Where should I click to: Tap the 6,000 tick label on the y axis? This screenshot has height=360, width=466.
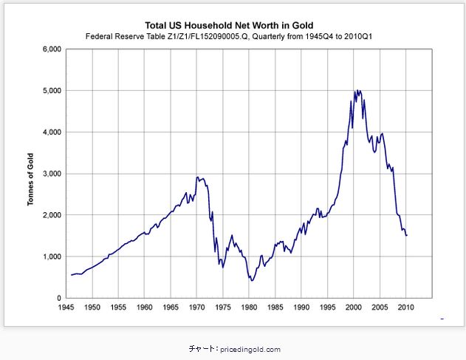click(49, 50)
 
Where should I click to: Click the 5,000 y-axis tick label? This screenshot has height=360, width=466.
click(49, 91)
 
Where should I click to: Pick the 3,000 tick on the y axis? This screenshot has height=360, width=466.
click(49, 174)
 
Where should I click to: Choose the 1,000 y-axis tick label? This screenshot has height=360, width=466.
click(49, 257)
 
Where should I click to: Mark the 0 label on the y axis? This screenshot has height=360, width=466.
click(58, 298)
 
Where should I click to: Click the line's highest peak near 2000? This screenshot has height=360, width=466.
click(357, 91)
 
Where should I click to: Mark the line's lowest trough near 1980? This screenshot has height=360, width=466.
click(252, 280)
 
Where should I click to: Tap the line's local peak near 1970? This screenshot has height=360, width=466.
click(197, 177)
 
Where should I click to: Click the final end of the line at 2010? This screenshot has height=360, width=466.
click(407, 235)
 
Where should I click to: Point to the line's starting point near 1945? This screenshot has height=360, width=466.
click(71, 275)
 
